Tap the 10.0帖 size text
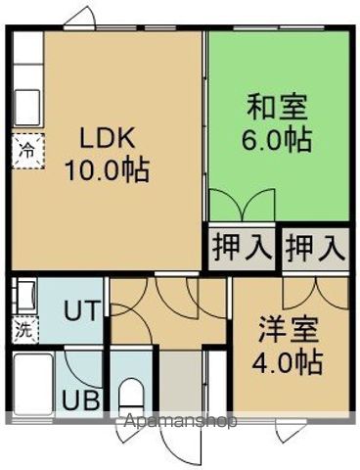(107, 171)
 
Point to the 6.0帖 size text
(277, 140)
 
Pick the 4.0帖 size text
(290, 363)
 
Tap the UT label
(81, 311)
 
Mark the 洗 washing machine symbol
(22, 330)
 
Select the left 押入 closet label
(241, 247)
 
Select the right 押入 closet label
(316, 247)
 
